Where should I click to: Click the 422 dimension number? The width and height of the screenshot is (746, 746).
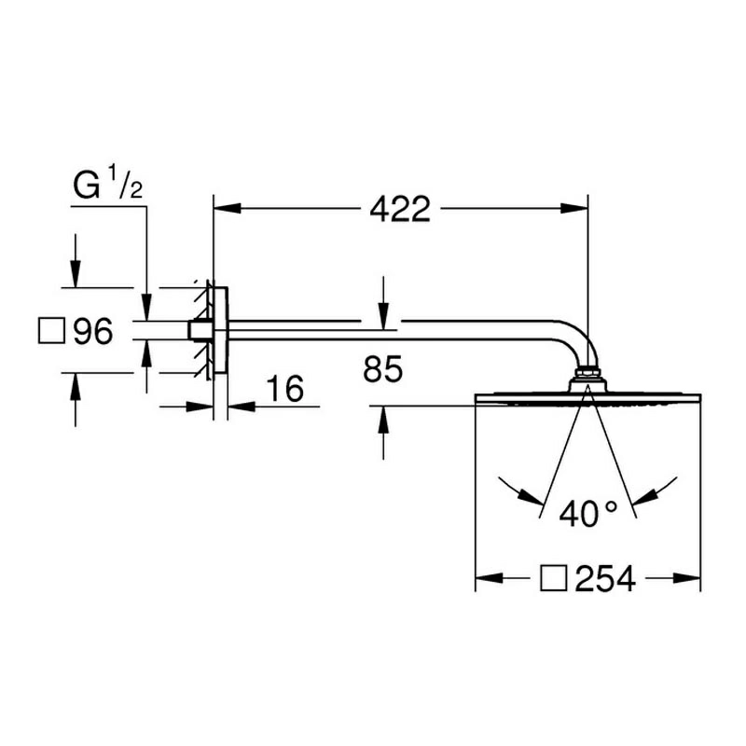pyautogui.click(x=400, y=209)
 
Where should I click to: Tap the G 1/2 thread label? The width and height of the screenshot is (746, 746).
pyautogui.click(x=107, y=182)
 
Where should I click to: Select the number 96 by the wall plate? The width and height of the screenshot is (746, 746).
pyautogui.click(x=93, y=331)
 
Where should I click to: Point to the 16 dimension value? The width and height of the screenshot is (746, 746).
pyautogui.click(x=284, y=389)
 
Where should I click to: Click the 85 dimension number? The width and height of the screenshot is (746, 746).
pyautogui.click(x=383, y=368)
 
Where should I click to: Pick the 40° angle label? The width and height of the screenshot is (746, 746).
pyautogui.click(x=588, y=514)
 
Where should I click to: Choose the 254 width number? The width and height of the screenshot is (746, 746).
pyautogui.click(x=605, y=578)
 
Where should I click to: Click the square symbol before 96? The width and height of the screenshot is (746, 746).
pyautogui.click(x=51, y=331)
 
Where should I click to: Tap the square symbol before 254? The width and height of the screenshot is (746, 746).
pyautogui.click(x=554, y=578)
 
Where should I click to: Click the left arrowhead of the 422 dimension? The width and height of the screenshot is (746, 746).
pyautogui.click(x=228, y=208)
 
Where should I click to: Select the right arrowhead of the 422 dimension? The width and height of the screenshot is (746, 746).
pyautogui.click(x=574, y=208)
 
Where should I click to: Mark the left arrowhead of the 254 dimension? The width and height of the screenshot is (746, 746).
pyautogui.click(x=490, y=578)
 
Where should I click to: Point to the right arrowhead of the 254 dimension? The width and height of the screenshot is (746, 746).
pyautogui.click(x=687, y=578)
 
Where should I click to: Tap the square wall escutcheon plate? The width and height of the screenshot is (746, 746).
pyautogui.click(x=220, y=330)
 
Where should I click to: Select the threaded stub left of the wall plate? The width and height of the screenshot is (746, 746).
pyautogui.click(x=200, y=330)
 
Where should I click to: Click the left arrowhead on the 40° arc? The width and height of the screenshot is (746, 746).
pyautogui.click(x=531, y=496)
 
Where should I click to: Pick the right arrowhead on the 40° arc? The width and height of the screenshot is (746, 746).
pyautogui.click(x=645, y=497)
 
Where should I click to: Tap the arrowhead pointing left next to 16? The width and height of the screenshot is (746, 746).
pyautogui.click(x=242, y=407)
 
